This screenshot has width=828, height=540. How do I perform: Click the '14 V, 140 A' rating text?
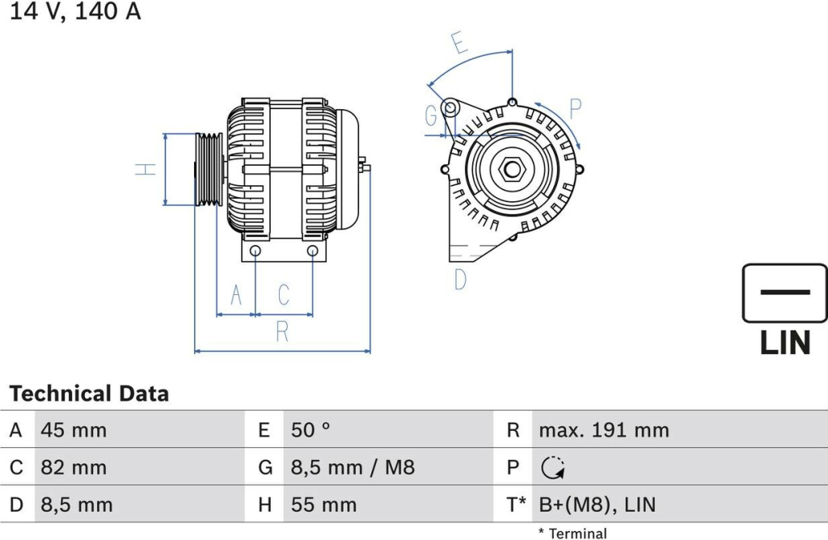[75, 11]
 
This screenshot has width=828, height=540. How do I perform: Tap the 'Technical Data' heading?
[89, 394]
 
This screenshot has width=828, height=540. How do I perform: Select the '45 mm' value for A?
[74, 430]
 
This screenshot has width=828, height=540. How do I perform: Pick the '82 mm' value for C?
[74, 467]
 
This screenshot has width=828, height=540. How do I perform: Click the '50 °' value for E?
[310, 430]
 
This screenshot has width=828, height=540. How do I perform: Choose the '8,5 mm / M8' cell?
[353, 467]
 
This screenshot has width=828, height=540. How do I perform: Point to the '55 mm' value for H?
[323, 504]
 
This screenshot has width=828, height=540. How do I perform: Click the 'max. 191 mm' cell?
[603, 430]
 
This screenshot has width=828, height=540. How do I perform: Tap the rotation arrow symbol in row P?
[552, 468]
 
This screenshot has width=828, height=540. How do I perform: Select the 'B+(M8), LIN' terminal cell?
[597, 504]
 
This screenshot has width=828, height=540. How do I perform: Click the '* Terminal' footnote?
[572, 534]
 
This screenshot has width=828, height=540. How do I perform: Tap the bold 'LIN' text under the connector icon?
[784, 343]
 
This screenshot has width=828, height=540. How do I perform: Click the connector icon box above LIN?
[784, 293]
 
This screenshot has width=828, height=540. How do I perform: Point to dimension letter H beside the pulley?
[146, 169]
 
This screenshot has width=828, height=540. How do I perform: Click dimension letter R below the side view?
[282, 332]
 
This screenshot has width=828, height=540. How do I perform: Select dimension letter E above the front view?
[459, 43]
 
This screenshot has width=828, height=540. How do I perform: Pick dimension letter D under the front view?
[460, 280]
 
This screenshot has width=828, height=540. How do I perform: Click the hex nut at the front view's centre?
[511, 169]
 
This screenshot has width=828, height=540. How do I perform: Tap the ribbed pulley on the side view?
[209, 169]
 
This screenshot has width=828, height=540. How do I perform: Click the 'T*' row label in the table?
[516, 504]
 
